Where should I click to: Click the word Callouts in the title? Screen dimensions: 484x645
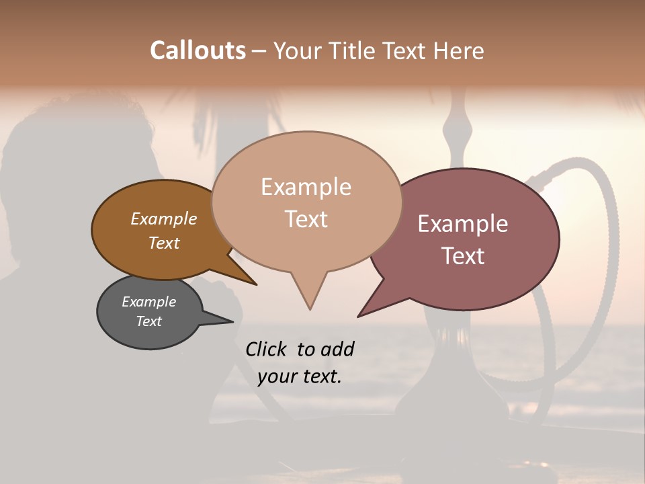pyautogui.click(x=198, y=50)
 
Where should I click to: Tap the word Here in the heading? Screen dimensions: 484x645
pyautogui.click(x=459, y=50)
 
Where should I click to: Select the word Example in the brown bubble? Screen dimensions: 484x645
pyautogui.click(x=163, y=218)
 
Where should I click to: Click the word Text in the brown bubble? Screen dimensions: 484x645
pyautogui.click(x=163, y=243)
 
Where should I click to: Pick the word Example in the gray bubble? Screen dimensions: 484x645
pyautogui.click(x=148, y=302)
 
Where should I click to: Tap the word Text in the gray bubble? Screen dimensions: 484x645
pyautogui.click(x=148, y=321)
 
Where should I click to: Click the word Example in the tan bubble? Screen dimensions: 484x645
pyautogui.click(x=306, y=187)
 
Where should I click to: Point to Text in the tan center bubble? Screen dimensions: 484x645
pyautogui.click(x=306, y=219)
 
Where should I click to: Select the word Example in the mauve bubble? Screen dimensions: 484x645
pyautogui.click(x=462, y=224)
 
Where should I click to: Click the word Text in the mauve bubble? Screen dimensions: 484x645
pyautogui.click(x=462, y=255)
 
